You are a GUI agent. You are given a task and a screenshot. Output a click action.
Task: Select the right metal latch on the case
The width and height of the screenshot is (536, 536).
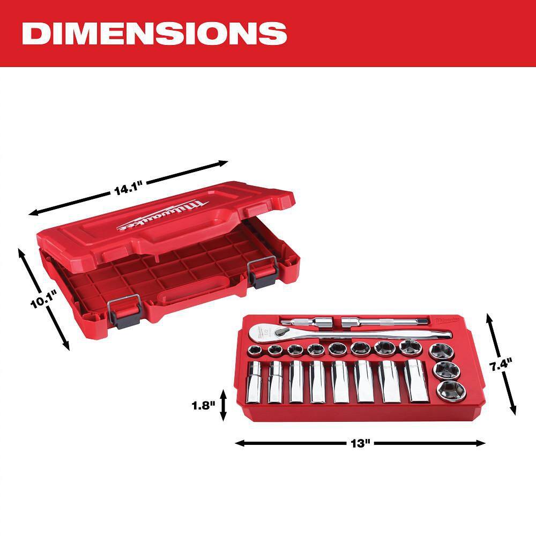coord(262,273)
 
